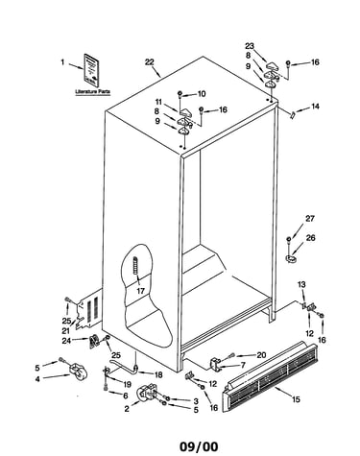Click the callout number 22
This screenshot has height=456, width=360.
click(x=150, y=62)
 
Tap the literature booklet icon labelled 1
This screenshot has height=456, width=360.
click(x=92, y=70)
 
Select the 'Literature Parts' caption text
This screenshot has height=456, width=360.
click(x=93, y=92)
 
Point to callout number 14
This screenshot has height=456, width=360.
click(x=315, y=107)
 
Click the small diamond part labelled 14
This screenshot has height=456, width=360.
click(x=292, y=114)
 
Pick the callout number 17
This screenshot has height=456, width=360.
click(x=140, y=291)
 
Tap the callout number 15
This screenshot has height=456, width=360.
click(x=296, y=399)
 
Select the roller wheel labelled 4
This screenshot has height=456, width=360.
click(x=78, y=372)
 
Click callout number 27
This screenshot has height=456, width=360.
click(x=310, y=219)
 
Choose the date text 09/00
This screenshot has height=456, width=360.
click(x=199, y=446)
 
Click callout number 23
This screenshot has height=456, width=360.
click(x=250, y=46)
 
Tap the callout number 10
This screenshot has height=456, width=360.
click(x=202, y=94)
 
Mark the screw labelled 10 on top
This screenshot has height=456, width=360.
click(x=180, y=93)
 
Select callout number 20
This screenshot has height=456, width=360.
click(x=261, y=355)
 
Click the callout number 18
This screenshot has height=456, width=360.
click(x=158, y=374)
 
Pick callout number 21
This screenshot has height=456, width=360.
click(x=66, y=330)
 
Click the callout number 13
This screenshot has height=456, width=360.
click(x=301, y=284)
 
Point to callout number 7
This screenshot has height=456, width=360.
click(x=243, y=365)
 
